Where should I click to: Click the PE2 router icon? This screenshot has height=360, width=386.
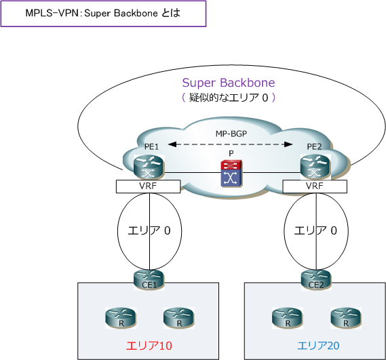314,165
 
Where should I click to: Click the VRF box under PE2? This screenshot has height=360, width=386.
314,185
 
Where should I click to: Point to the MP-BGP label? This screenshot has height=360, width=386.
231,134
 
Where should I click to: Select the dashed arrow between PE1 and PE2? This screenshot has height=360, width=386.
231,144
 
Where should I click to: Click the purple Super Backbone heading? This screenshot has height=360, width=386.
229,83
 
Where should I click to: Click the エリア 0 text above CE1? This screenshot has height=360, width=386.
149,231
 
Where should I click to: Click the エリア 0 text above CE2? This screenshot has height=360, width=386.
314,231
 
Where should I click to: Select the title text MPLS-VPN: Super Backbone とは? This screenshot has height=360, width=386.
103,13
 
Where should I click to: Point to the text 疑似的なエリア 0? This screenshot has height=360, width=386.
229,98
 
